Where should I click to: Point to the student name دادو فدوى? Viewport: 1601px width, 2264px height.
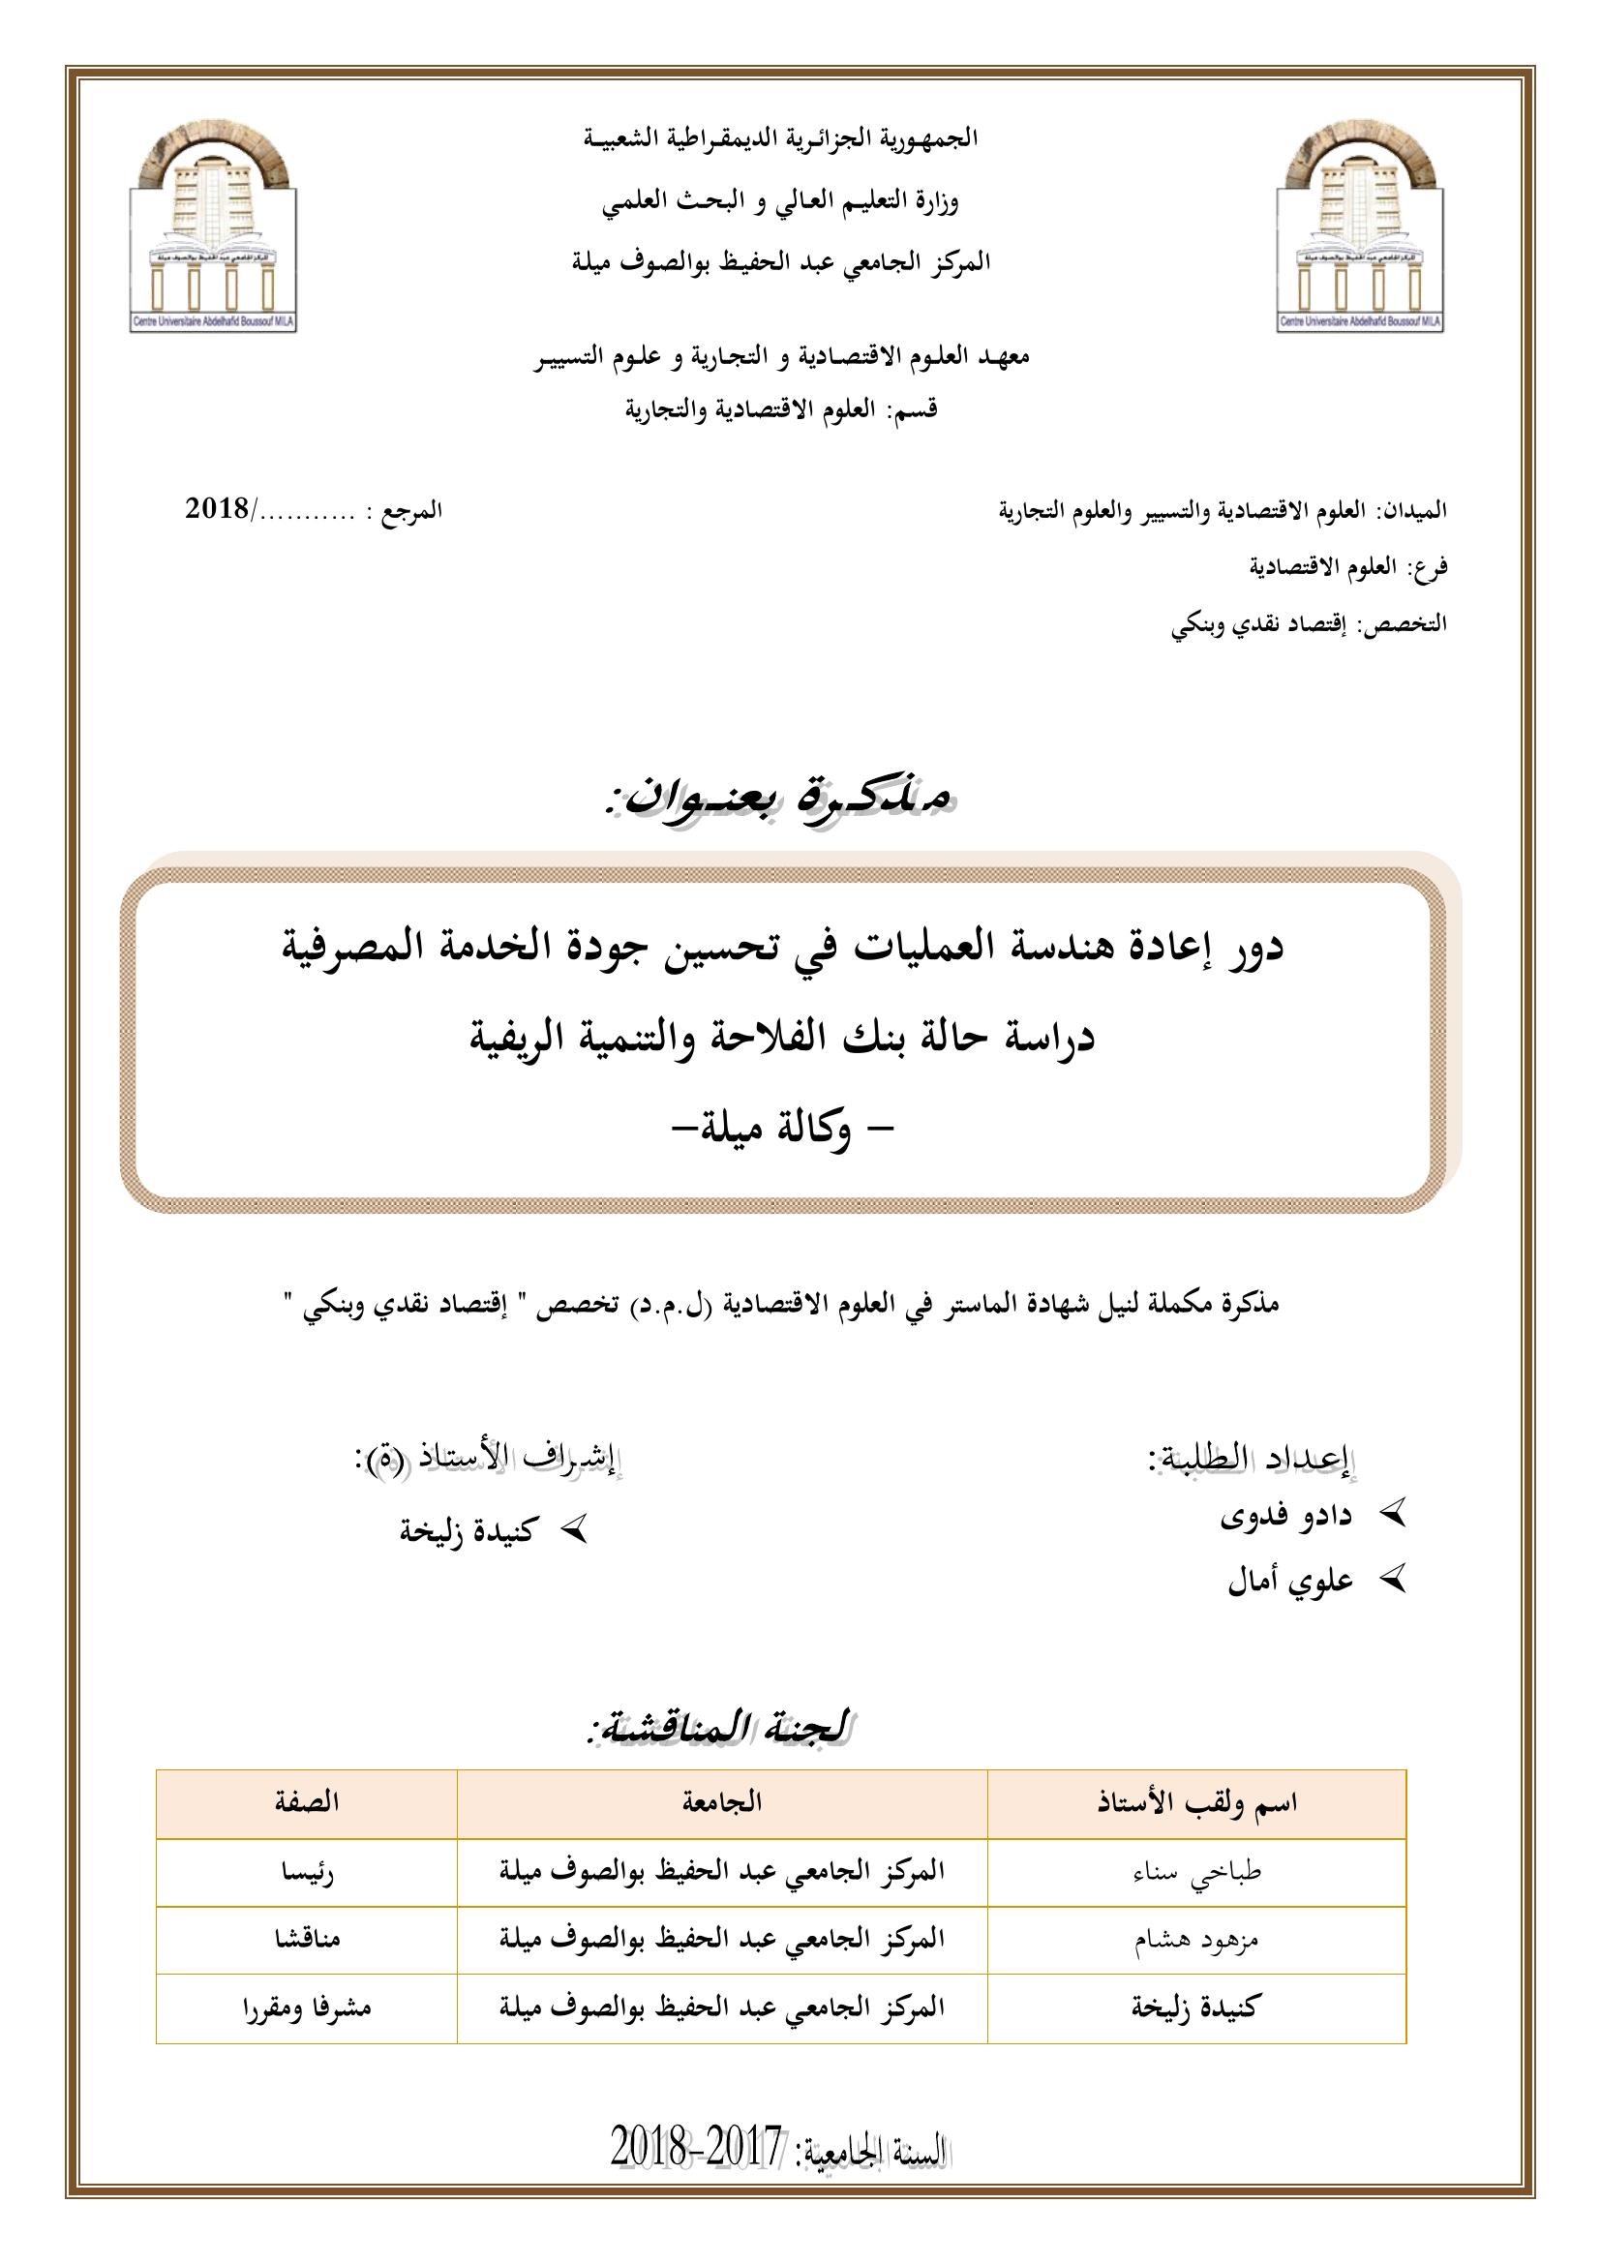pyautogui.click(x=1285, y=1516)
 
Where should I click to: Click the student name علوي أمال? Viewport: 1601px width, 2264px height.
pyautogui.click(x=1289, y=1581)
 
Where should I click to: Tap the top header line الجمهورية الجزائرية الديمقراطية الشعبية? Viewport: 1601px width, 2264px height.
pyautogui.click(x=781, y=139)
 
